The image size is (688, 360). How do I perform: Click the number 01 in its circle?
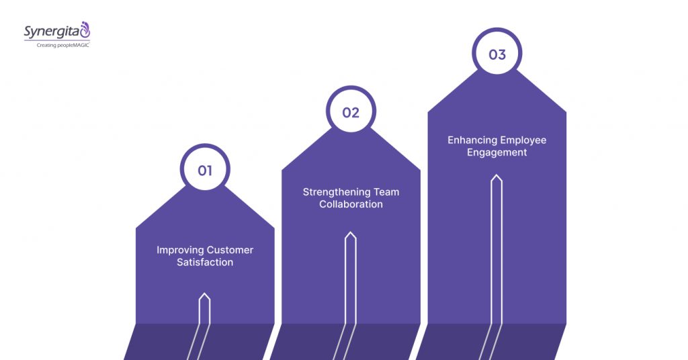pos(205,171)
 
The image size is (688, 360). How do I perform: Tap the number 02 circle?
pos(351,112)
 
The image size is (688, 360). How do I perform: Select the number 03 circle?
pos(497,54)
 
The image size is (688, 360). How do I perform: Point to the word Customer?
pos(230,250)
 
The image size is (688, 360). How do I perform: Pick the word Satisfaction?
pos(205,263)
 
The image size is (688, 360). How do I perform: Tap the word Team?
pos(384,192)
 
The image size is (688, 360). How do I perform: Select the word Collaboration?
pos(351,204)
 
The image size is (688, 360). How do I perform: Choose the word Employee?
pos(523,140)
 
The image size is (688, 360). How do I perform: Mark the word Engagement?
pos(497,152)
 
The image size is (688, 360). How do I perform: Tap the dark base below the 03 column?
pos(531,342)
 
